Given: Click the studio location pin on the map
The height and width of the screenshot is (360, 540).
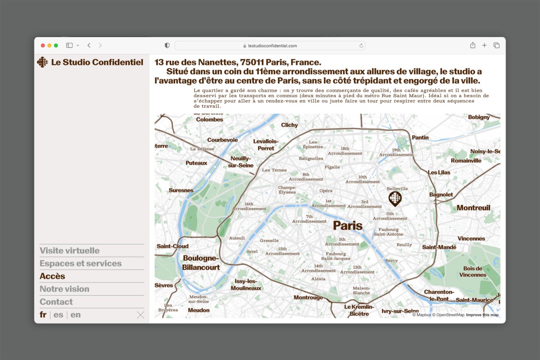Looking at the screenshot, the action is click(395, 198).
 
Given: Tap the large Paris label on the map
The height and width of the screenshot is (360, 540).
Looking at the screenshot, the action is click(347, 225).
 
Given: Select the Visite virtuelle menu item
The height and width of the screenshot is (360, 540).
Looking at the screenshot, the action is click(70, 251).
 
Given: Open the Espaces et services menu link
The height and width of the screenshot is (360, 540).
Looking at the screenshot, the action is click(81, 263).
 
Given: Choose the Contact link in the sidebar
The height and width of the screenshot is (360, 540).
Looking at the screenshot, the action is click(56, 302).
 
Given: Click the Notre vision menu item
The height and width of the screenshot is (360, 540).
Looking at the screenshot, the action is click(64, 289).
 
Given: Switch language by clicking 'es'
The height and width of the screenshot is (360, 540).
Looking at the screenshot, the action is click(58, 315).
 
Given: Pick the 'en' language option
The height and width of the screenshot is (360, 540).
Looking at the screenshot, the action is click(76, 315).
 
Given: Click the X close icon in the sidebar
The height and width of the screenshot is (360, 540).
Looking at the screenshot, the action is click(140, 315).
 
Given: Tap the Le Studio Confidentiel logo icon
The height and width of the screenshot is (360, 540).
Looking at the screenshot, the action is click(42, 62).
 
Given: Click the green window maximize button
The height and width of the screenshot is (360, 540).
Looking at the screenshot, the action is click(56, 45).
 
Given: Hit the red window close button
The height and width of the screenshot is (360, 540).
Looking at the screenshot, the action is click(43, 45).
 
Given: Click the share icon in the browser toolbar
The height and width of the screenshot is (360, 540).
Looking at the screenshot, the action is click(472, 45).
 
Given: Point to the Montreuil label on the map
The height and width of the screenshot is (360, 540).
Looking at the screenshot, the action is click(473, 208).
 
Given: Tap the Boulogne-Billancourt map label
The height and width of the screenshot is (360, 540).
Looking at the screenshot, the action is click(201, 263).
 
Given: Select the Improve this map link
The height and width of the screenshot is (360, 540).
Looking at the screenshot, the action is click(482, 315).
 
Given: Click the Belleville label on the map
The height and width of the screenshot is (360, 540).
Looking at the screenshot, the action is click(397, 189).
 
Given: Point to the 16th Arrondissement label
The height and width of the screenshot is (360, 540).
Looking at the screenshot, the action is click(249, 207).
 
